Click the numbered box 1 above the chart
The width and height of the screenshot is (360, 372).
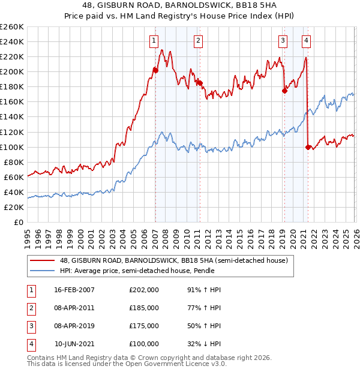[x=154, y=41]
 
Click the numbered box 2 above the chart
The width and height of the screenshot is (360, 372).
[x=198, y=41]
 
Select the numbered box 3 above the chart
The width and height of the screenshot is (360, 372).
[x=283, y=41]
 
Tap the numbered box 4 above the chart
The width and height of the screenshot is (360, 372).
[x=306, y=41]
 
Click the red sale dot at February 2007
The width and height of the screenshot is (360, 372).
[x=155, y=70]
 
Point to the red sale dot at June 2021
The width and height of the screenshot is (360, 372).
[x=308, y=147]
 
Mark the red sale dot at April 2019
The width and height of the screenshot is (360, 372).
[x=284, y=91]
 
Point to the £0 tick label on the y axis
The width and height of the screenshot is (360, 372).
[x=18, y=222]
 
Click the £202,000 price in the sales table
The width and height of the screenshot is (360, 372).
[x=144, y=290]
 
